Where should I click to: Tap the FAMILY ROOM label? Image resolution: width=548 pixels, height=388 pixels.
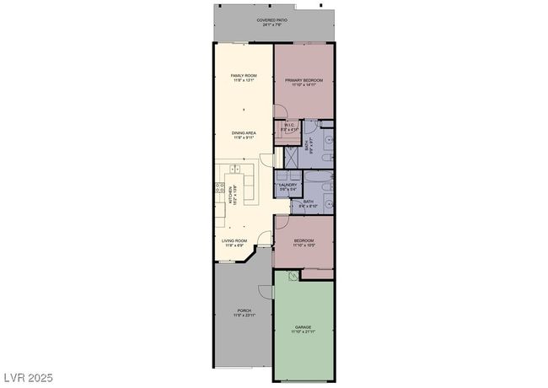244,76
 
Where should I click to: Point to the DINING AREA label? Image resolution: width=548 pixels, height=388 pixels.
244,132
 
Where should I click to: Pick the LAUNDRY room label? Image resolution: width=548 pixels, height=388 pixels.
287,184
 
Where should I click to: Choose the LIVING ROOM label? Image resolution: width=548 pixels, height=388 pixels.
234,240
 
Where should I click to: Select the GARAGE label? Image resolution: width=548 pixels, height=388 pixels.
304,326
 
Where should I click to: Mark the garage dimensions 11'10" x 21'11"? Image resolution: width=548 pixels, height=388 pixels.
304,331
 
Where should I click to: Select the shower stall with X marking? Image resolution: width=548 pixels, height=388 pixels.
289,157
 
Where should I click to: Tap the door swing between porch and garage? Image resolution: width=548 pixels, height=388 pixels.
266,291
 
